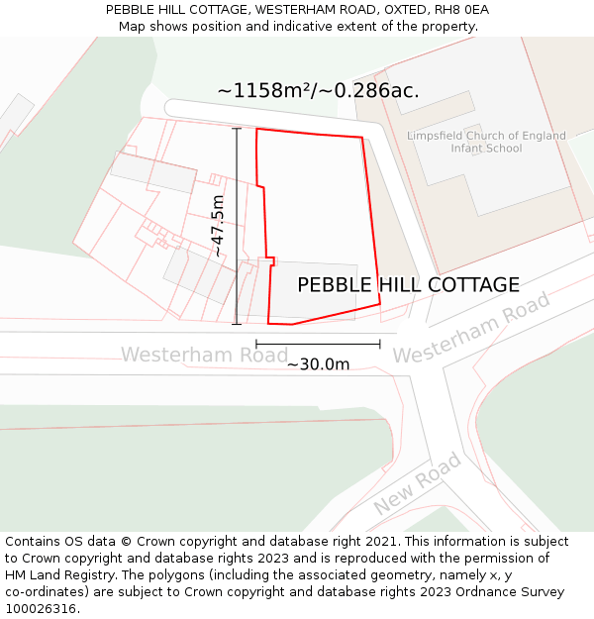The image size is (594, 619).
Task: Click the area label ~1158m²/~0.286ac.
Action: [318, 91]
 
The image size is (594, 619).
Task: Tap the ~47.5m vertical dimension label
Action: [218, 226]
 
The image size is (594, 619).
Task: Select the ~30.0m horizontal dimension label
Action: [318, 363]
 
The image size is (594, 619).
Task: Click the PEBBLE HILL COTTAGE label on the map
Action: [408, 285]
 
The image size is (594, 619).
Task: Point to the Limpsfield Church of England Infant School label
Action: [486, 142]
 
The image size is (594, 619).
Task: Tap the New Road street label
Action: [418, 483]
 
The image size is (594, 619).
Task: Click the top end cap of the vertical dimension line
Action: [237, 129]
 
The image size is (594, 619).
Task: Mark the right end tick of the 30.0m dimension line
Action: [380, 345]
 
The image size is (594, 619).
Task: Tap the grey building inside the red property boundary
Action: [315, 291]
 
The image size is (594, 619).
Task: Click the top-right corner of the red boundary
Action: [362, 138]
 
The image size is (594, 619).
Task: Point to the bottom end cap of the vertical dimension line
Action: [237, 323]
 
